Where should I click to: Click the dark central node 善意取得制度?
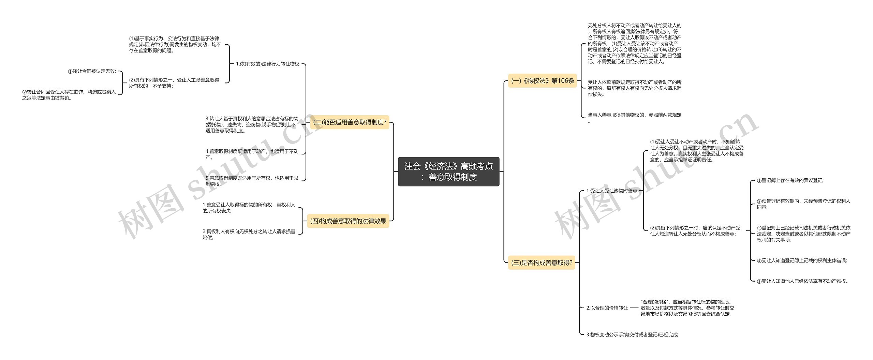(x=448, y=171)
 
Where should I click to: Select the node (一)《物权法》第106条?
(x=542, y=81)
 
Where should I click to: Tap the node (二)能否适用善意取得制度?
(x=350, y=122)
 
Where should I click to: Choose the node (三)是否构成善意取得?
(x=542, y=262)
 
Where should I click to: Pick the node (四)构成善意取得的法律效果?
(x=348, y=221)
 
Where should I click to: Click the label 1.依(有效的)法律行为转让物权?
(x=267, y=64)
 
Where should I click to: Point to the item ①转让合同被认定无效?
(x=92, y=72)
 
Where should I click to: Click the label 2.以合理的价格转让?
(x=607, y=308)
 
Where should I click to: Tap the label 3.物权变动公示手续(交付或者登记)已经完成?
(x=632, y=335)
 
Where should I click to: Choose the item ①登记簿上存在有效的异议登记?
(x=790, y=181)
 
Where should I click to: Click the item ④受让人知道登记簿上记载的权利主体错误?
(x=801, y=261)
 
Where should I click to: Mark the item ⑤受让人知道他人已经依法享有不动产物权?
(x=802, y=281)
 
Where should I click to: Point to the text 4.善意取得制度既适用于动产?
(x=252, y=154)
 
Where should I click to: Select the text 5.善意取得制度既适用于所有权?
(x=252, y=181)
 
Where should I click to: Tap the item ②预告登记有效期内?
(x=803, y=204)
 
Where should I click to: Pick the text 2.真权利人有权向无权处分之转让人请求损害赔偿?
(x=249, y=234)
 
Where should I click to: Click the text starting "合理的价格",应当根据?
(x=687, y=308)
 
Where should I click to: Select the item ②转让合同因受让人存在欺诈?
(x=69, y=95)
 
